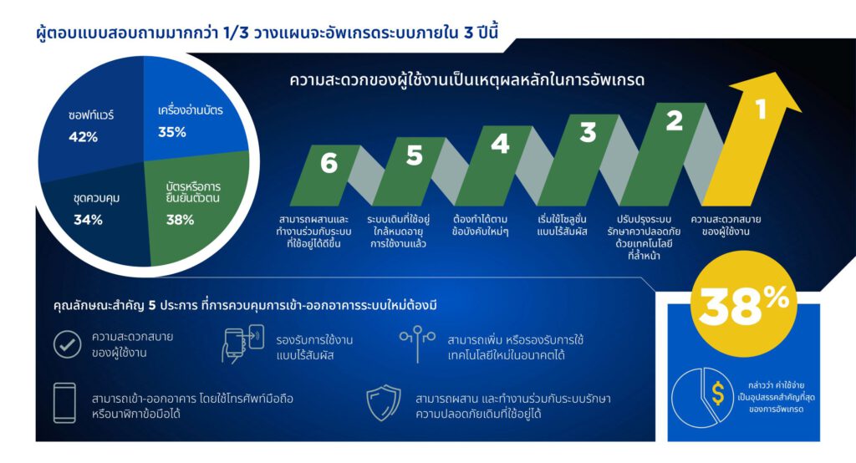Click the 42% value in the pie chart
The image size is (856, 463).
(84, 137)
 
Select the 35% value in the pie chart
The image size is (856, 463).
(172, 131)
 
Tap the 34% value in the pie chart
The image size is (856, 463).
(88, 221)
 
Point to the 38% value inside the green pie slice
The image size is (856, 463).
(180, 221)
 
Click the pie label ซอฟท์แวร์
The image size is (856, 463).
(91, 115)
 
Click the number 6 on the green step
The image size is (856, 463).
(329, 164)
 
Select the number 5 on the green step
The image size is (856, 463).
(415, 155)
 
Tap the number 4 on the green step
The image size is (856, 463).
(500, 144)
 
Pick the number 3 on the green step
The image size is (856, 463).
(588, 132)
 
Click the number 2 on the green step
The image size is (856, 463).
(674, 122)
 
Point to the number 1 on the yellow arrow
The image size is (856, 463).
(761, 109)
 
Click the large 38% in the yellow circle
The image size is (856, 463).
(744, 306)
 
